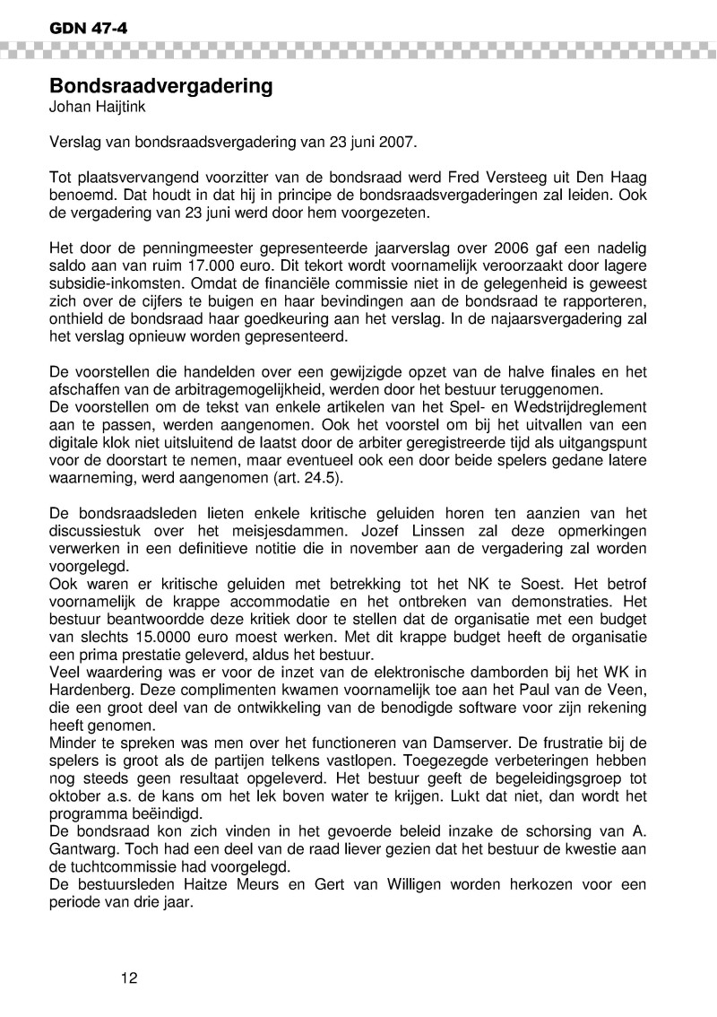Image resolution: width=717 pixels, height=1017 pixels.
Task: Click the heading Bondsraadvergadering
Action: [x=160, y=87]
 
